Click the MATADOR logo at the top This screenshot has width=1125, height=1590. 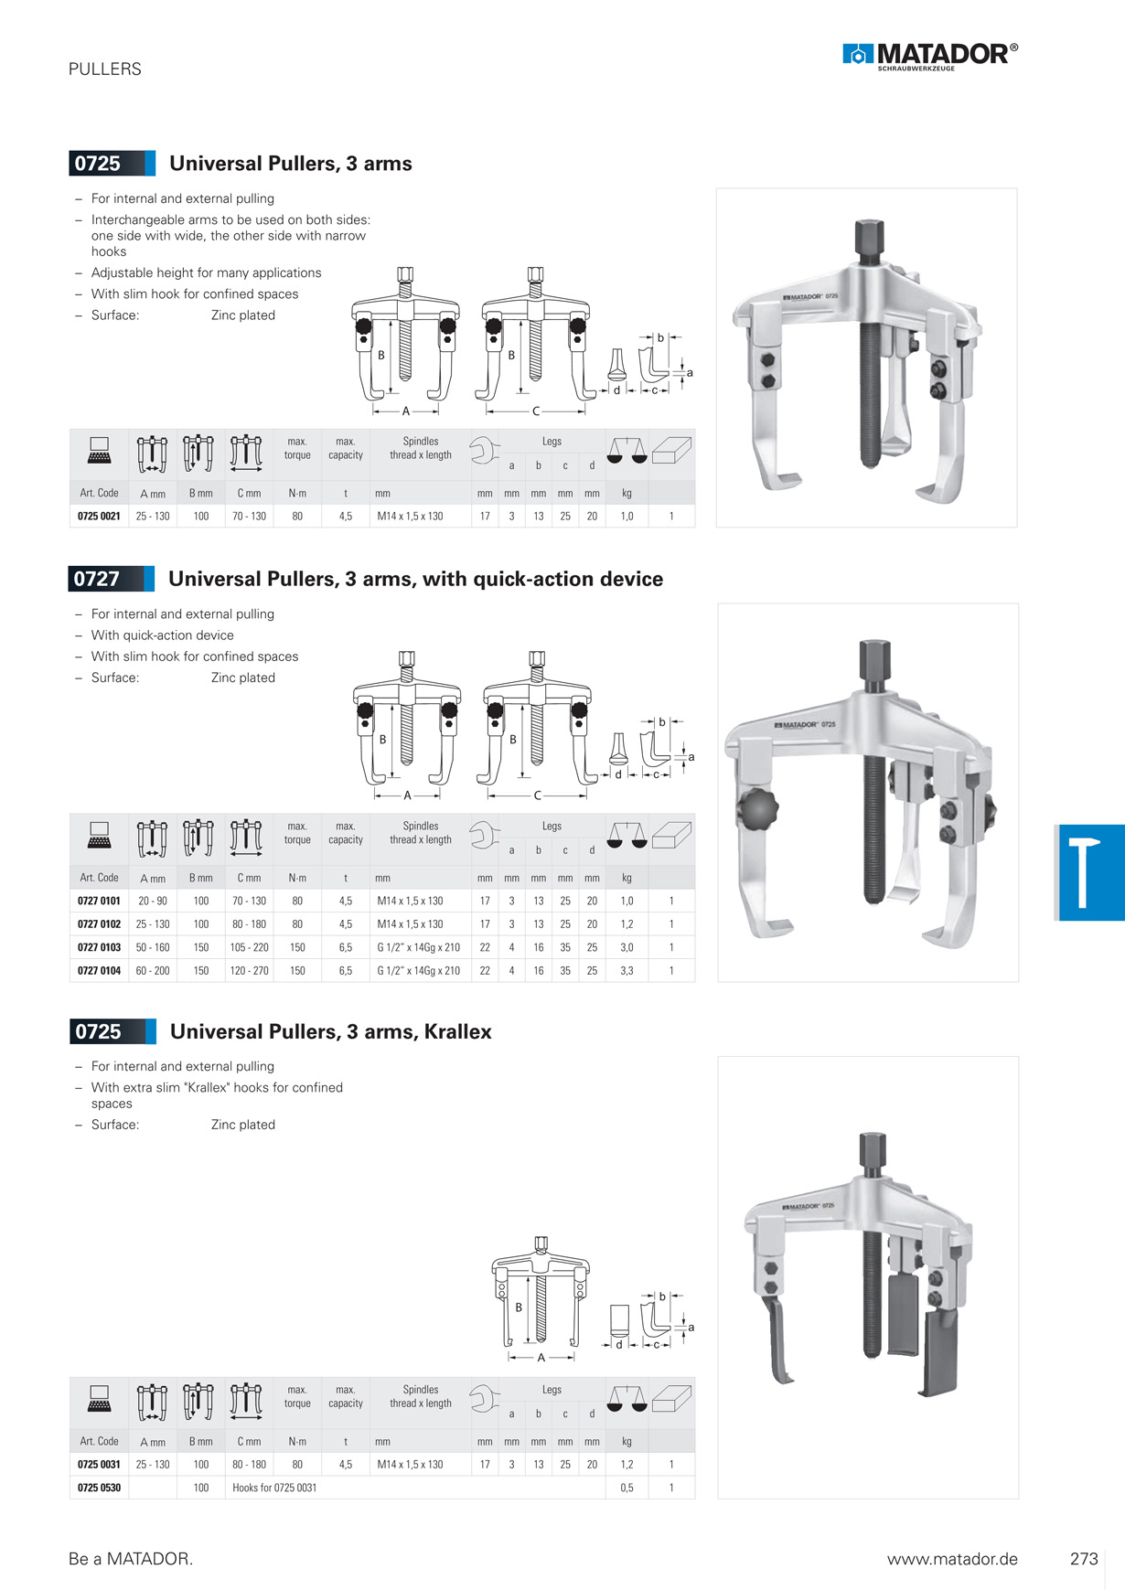(x=929, y=56)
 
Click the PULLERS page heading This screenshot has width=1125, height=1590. (x=105, y=69)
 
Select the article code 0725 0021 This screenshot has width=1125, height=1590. (x=99, y=517)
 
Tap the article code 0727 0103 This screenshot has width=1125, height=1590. (x=99, y=947)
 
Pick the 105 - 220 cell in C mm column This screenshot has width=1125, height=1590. (x=249, y=947)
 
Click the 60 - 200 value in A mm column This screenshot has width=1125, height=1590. (x=153, y=971)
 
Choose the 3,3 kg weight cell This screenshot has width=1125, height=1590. (x=627, y=971)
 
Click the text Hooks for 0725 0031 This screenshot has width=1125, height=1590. (x=274, y=1488)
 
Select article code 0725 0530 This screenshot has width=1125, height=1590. (x=99, y=1488)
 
